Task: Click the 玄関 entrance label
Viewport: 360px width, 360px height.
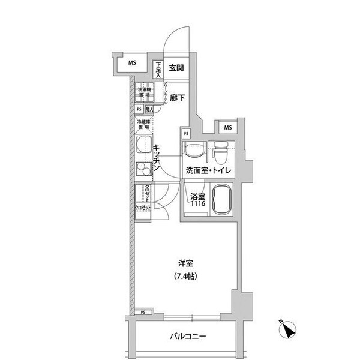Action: pos(175,68)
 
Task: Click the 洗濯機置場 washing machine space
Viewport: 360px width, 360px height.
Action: pos(142,92)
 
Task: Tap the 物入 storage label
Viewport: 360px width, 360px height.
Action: pos(150,109)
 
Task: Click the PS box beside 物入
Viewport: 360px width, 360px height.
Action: pos(139,109)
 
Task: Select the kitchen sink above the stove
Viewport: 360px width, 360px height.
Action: pos(145,146)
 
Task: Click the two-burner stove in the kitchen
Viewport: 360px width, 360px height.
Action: pos(145,169)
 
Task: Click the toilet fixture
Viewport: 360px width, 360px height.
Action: pos(220,152)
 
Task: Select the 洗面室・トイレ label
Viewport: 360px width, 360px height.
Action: pos(208,170)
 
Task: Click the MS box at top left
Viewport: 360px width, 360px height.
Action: pos(131,62)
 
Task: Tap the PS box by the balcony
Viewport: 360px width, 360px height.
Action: pos(143,313)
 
